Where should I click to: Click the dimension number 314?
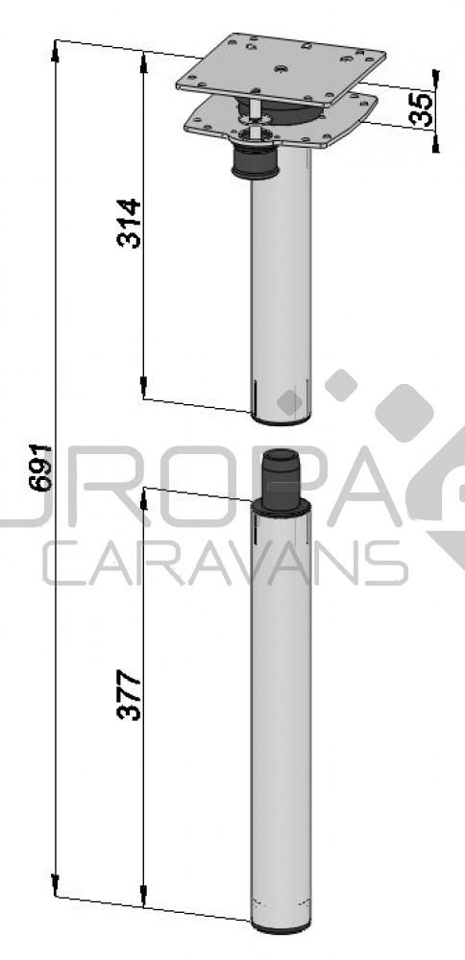130,223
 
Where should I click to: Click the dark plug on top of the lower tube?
282,473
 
